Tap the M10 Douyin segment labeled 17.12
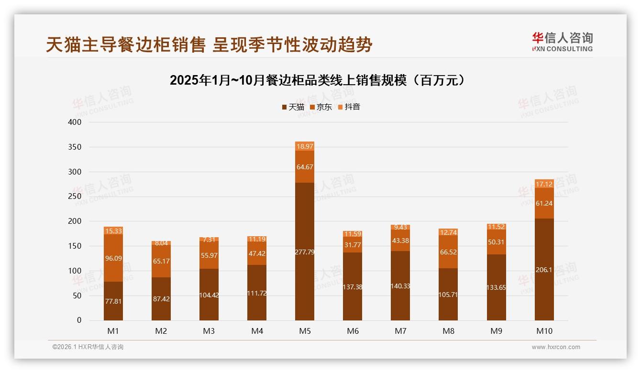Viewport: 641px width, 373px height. coord(544,184)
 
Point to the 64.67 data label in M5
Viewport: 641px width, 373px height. coord(305,167)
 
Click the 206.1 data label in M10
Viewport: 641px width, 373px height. coord(544,270)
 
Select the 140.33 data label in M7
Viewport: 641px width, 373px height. coord(400,286)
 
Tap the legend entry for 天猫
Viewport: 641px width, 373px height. coord(293,107)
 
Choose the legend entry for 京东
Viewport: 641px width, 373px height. coord(320,107)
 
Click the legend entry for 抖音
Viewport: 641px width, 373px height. coord(349,107)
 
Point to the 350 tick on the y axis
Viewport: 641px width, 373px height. coord(75,147)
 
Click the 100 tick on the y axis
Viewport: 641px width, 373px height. coord(75,271)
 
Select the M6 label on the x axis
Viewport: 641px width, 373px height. coord(353,331)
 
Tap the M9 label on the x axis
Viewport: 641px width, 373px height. coord(496,331)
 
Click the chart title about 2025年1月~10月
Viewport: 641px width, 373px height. coord(317,80)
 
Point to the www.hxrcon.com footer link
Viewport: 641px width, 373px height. coord(555,347)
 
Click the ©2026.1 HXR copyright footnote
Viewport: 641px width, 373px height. coord(88,347)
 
